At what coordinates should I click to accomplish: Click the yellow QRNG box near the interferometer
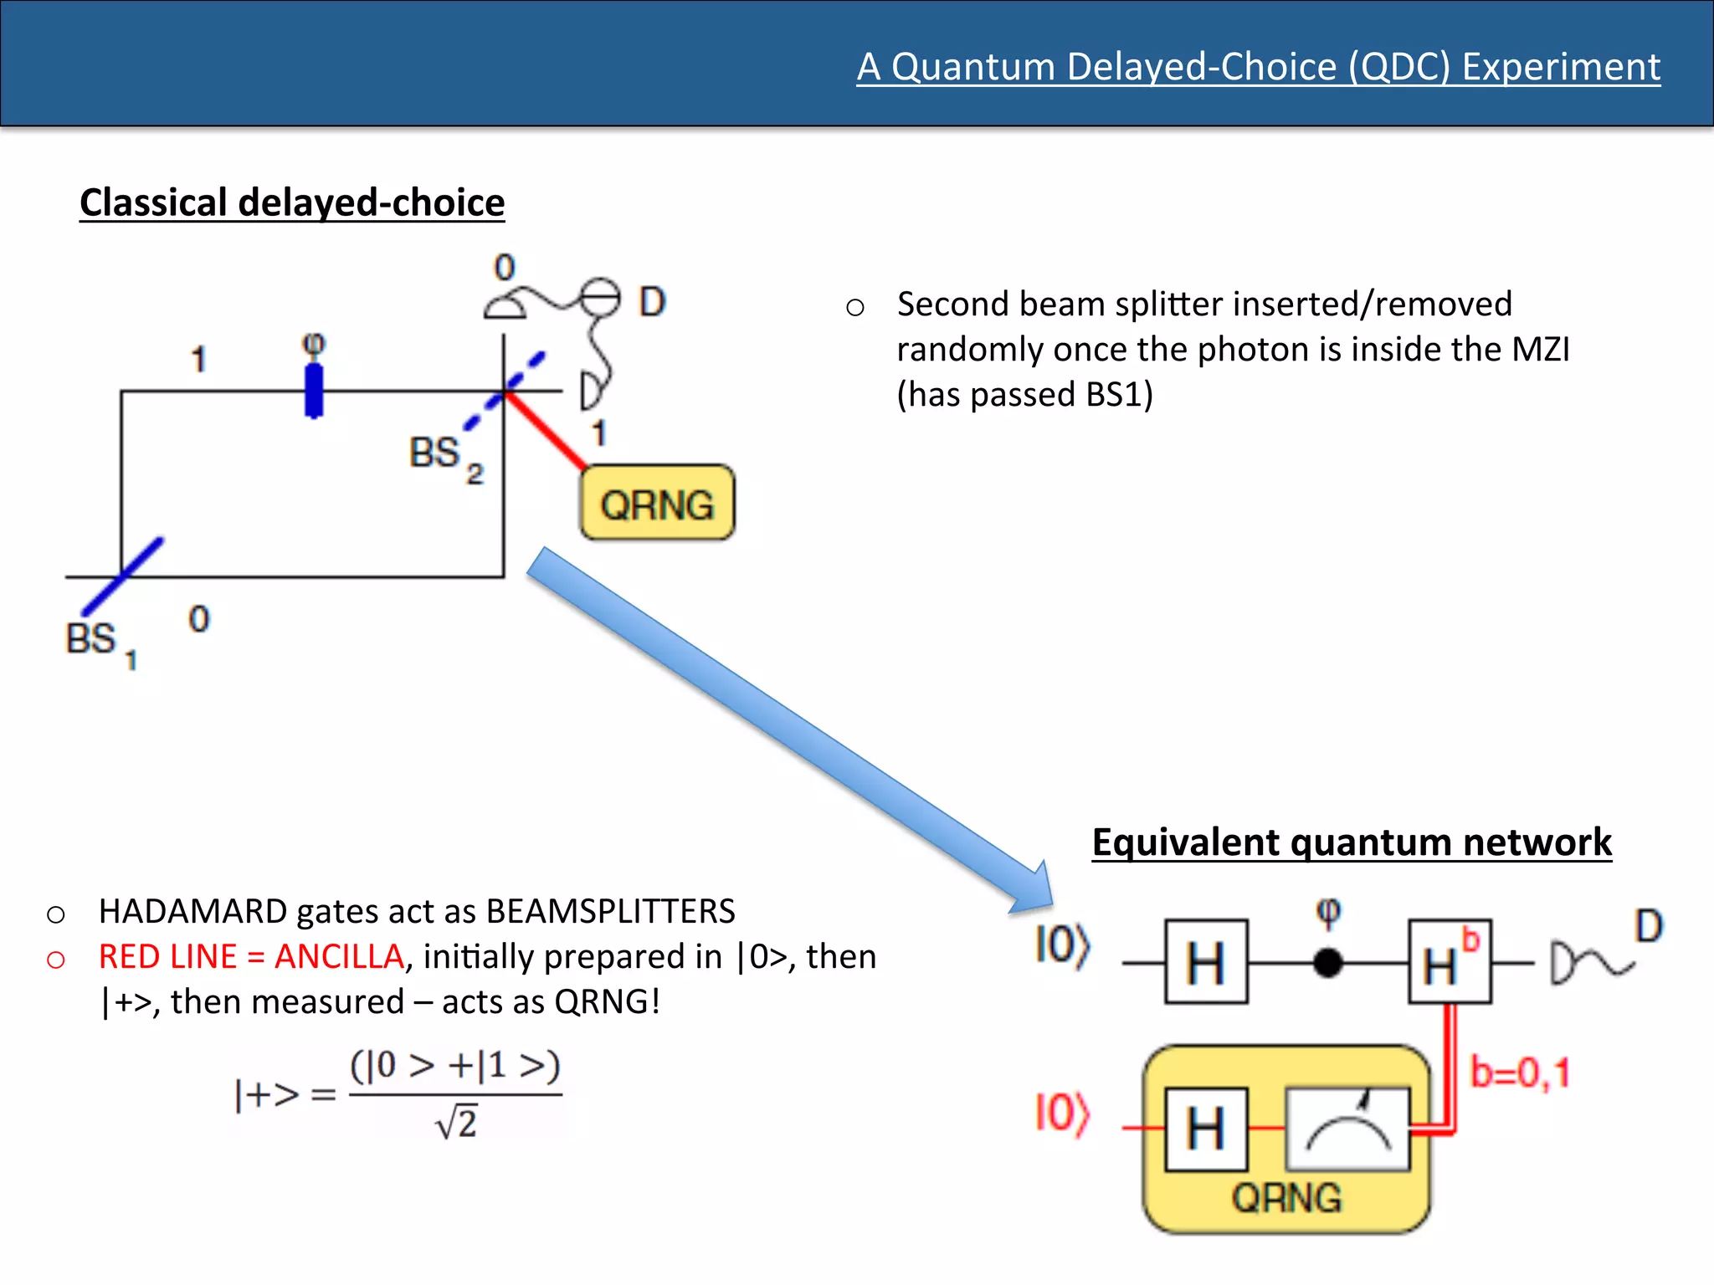657,503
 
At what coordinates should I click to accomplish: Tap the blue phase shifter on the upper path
314,390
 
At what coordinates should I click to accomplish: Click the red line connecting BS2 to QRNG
546,430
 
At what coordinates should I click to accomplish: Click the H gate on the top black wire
1206,962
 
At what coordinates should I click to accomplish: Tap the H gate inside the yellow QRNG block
1206,1129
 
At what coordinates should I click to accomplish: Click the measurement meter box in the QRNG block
1347,1129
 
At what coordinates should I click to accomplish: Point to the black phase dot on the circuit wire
1328,963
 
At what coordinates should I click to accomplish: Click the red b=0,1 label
1520,1073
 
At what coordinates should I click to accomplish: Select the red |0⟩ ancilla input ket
1062,1113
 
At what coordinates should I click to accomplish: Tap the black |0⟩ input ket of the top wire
1062,945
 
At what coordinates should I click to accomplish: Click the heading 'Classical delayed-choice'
292,203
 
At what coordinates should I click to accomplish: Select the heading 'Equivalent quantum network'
1352,842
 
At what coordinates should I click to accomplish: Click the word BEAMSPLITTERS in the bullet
610,911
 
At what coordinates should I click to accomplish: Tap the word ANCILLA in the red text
339,956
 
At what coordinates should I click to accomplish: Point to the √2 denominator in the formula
457,1123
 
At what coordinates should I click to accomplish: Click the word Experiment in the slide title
1561,67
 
